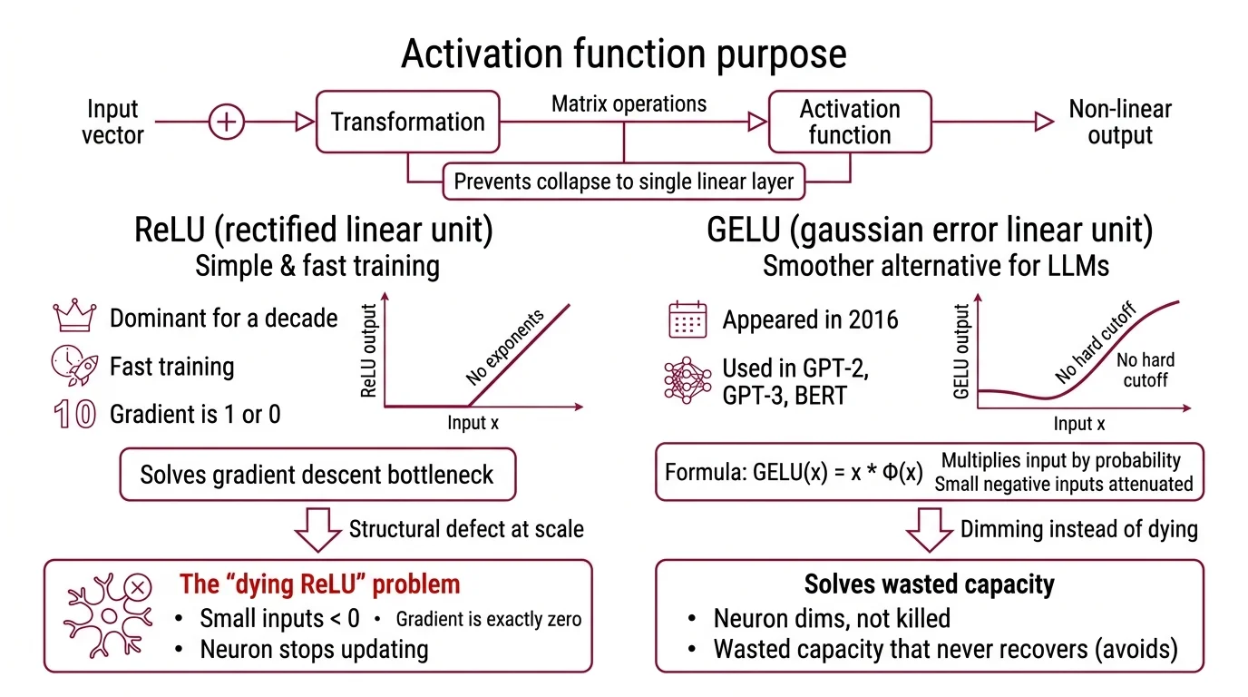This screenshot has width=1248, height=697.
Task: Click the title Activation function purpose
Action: coord(623,54)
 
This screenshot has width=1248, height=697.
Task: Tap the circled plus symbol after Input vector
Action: coord(227,122)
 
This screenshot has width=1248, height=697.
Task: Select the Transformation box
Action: coord(407,122)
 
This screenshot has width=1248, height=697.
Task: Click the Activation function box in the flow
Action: coord(850,122)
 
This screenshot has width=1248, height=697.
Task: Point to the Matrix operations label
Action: coord(629,103)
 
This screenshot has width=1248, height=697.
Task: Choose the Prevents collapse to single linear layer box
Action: coord(623,182)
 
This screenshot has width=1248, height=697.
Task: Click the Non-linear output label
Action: coord(1120,123)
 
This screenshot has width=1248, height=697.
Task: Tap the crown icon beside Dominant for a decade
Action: coord(75,318)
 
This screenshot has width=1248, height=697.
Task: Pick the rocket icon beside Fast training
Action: coord(74,366)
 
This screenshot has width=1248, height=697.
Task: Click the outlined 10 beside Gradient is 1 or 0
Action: coord(74,415)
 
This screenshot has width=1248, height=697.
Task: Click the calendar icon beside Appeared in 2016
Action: coord(687,319)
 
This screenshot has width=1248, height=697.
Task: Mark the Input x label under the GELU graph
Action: coord(1078,424)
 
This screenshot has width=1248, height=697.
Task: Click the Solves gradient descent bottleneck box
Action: coord(317,474)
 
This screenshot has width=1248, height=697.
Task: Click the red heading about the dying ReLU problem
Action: coord(319,584)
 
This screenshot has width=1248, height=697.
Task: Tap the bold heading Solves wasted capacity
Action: coord(930,584)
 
